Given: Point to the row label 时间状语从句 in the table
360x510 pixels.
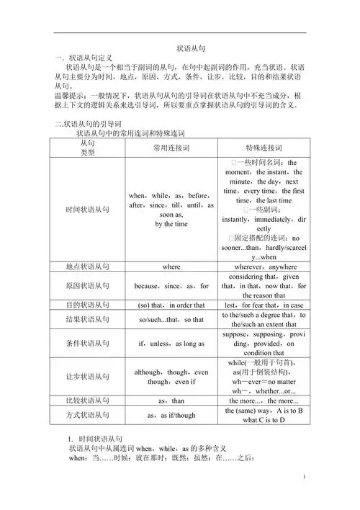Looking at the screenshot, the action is pos(88,209).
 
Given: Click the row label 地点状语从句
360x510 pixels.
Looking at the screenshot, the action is pos(88,267).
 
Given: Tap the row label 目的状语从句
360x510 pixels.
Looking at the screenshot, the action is pos(88,305).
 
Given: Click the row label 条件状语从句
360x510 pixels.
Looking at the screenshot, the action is pos(88,343).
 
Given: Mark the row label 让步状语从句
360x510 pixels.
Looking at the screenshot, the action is pos(88,376).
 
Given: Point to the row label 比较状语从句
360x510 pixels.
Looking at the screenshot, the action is pos(88,400).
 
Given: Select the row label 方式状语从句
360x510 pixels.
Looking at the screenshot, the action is pos(88,415).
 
